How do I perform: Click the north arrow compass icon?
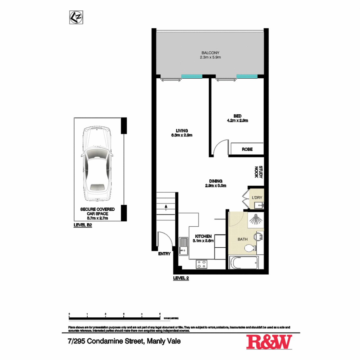click(76, 17)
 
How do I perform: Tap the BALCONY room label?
click(210, 53)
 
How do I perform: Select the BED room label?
click(237, 116)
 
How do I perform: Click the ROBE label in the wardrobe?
click(247, 149)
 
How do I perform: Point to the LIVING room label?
click(182, 131)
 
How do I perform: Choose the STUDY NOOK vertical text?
click(259, 172)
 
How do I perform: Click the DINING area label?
click(216, 181)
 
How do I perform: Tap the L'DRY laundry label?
click(257, 198)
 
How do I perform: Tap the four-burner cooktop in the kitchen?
click(202, 264)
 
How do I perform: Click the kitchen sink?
click(183, 246)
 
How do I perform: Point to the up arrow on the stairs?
click(166, 207)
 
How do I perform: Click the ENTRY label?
click(164, 254)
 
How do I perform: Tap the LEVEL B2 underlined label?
click(83, 225)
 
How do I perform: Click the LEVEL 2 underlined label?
click(181, 278)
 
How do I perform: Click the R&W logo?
click(269, 342)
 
